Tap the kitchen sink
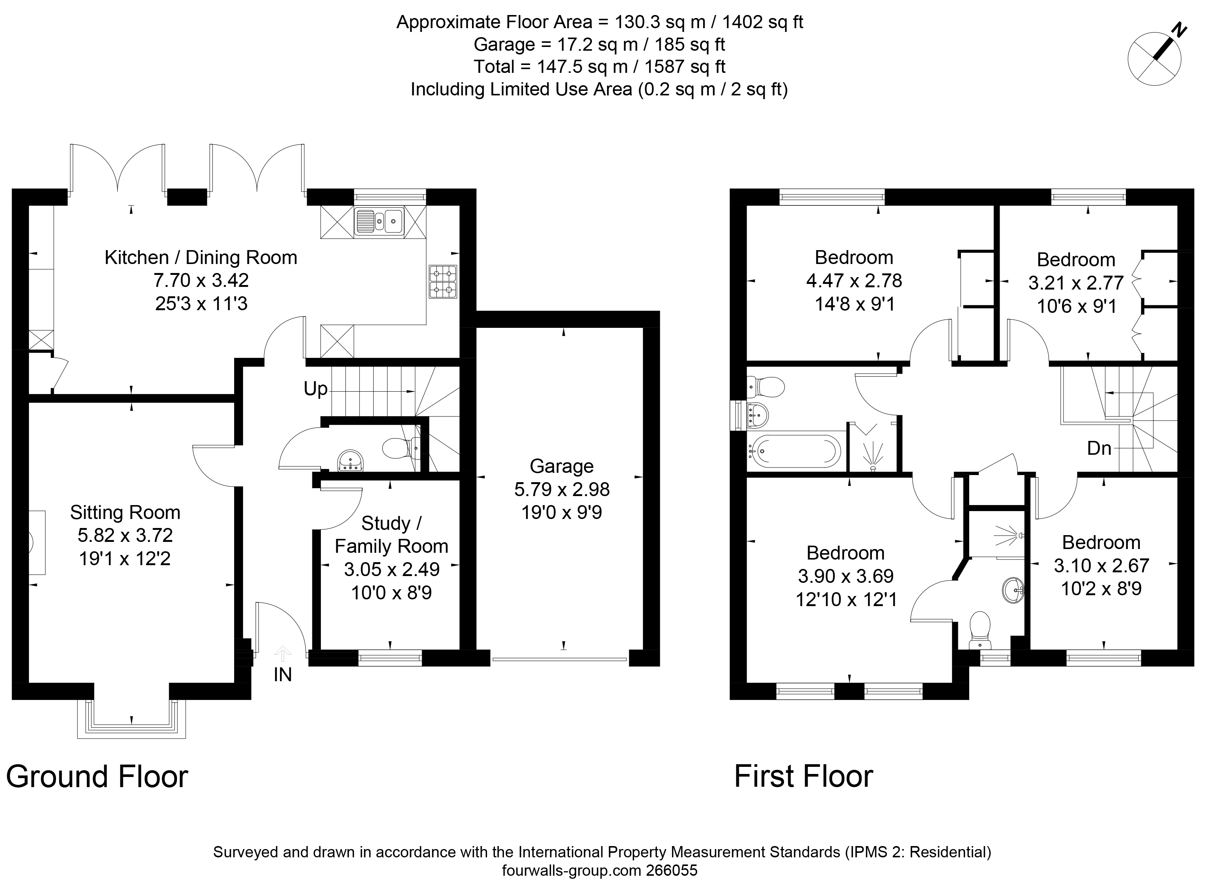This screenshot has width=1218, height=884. pos(379,221)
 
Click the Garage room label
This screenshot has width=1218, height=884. pos(562,466)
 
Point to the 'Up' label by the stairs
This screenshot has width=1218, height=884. pos(315,389)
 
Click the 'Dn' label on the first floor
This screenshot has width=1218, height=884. pos(1099,448)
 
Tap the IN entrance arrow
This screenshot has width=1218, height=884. pos(283,654)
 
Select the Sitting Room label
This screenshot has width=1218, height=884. pos(125,513)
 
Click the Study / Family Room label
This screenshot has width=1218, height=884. pos(391,535)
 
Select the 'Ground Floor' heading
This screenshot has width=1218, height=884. pos(97,777)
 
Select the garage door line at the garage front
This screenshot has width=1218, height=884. pos(560,659)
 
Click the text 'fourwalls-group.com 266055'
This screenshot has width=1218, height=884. pos(600,870)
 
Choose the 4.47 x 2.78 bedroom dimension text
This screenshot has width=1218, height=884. pos(854,281)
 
